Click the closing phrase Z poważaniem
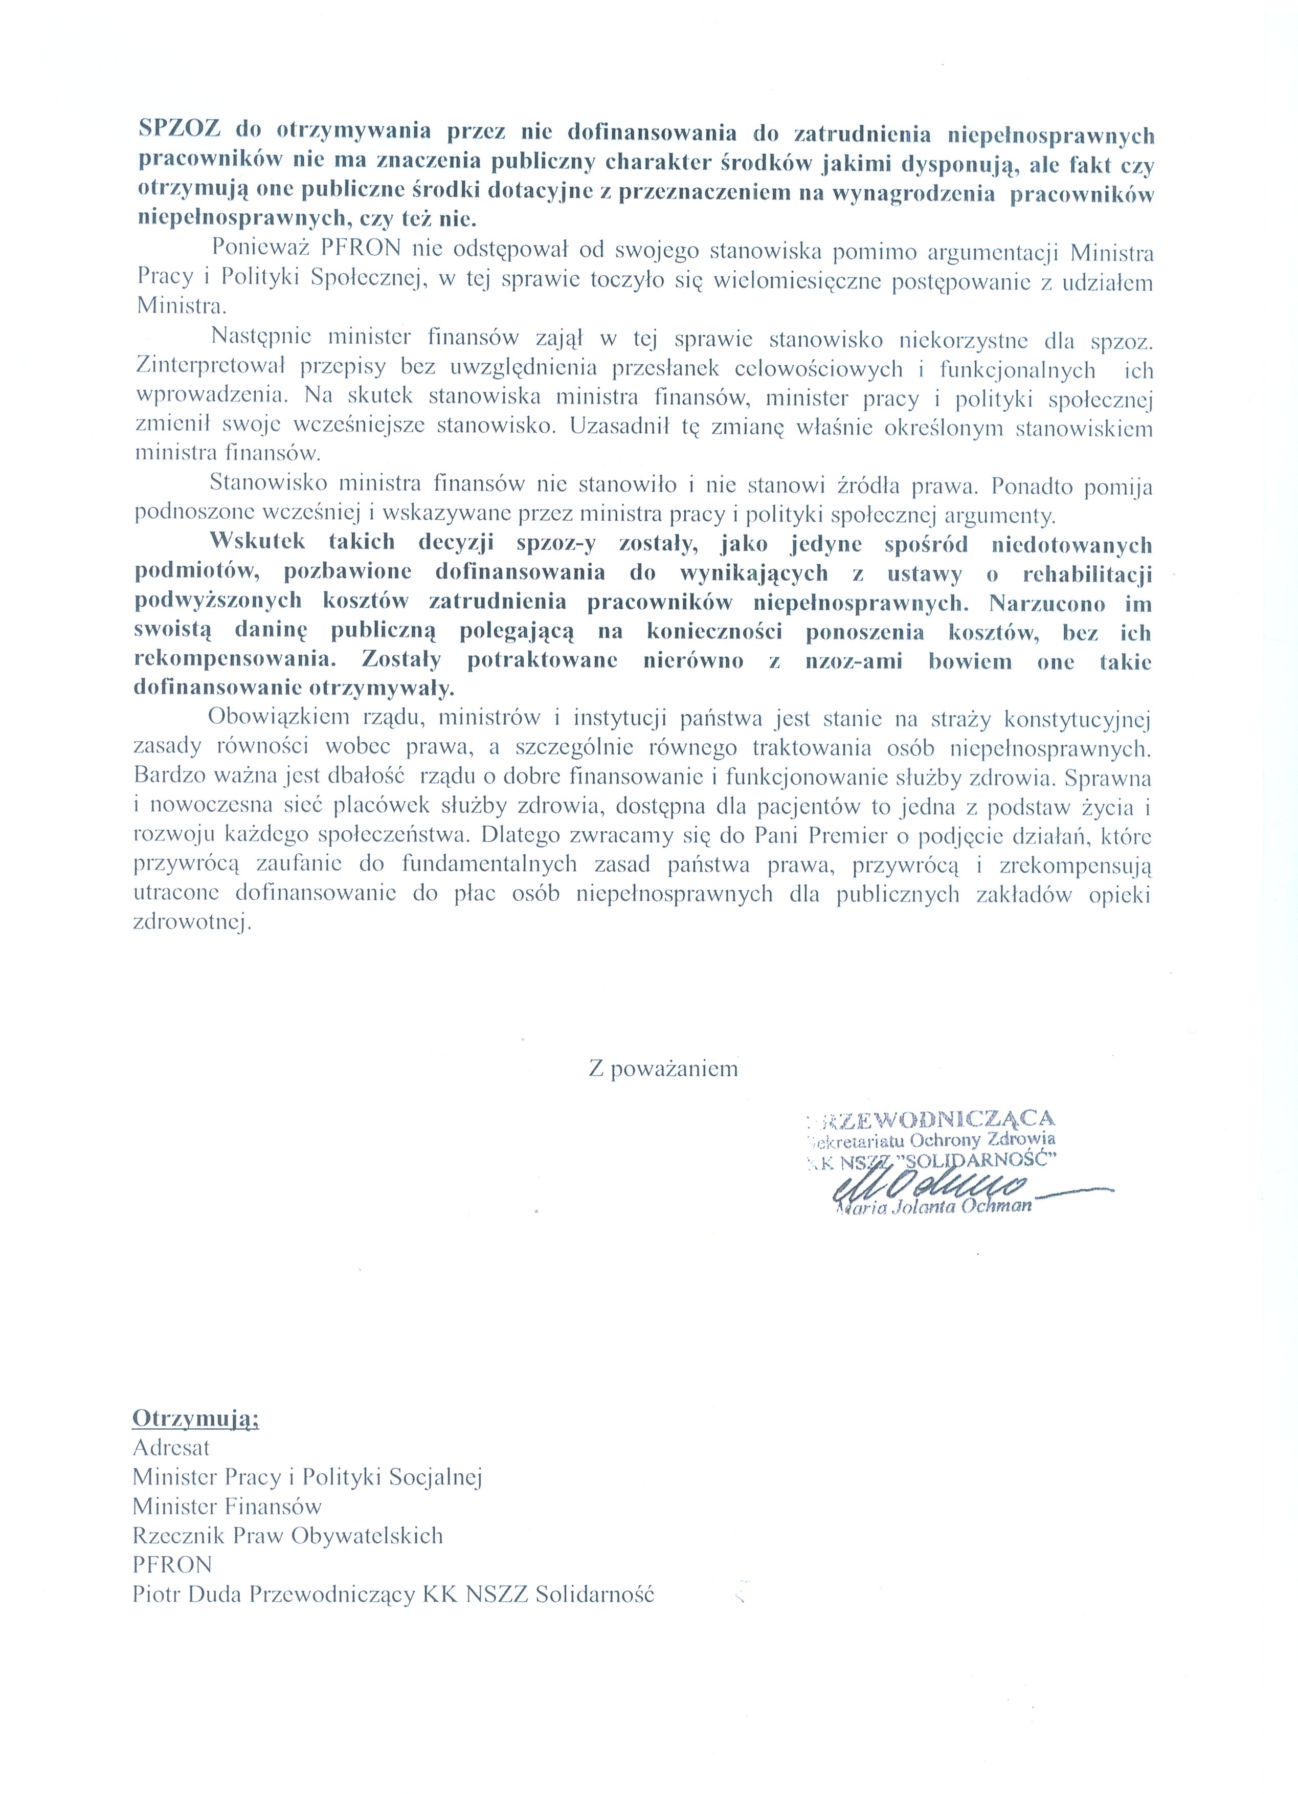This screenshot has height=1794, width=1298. click(663, 1070)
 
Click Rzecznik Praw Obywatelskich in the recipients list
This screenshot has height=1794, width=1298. click(288, 1535)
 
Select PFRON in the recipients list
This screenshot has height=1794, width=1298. click(172, 1565)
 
